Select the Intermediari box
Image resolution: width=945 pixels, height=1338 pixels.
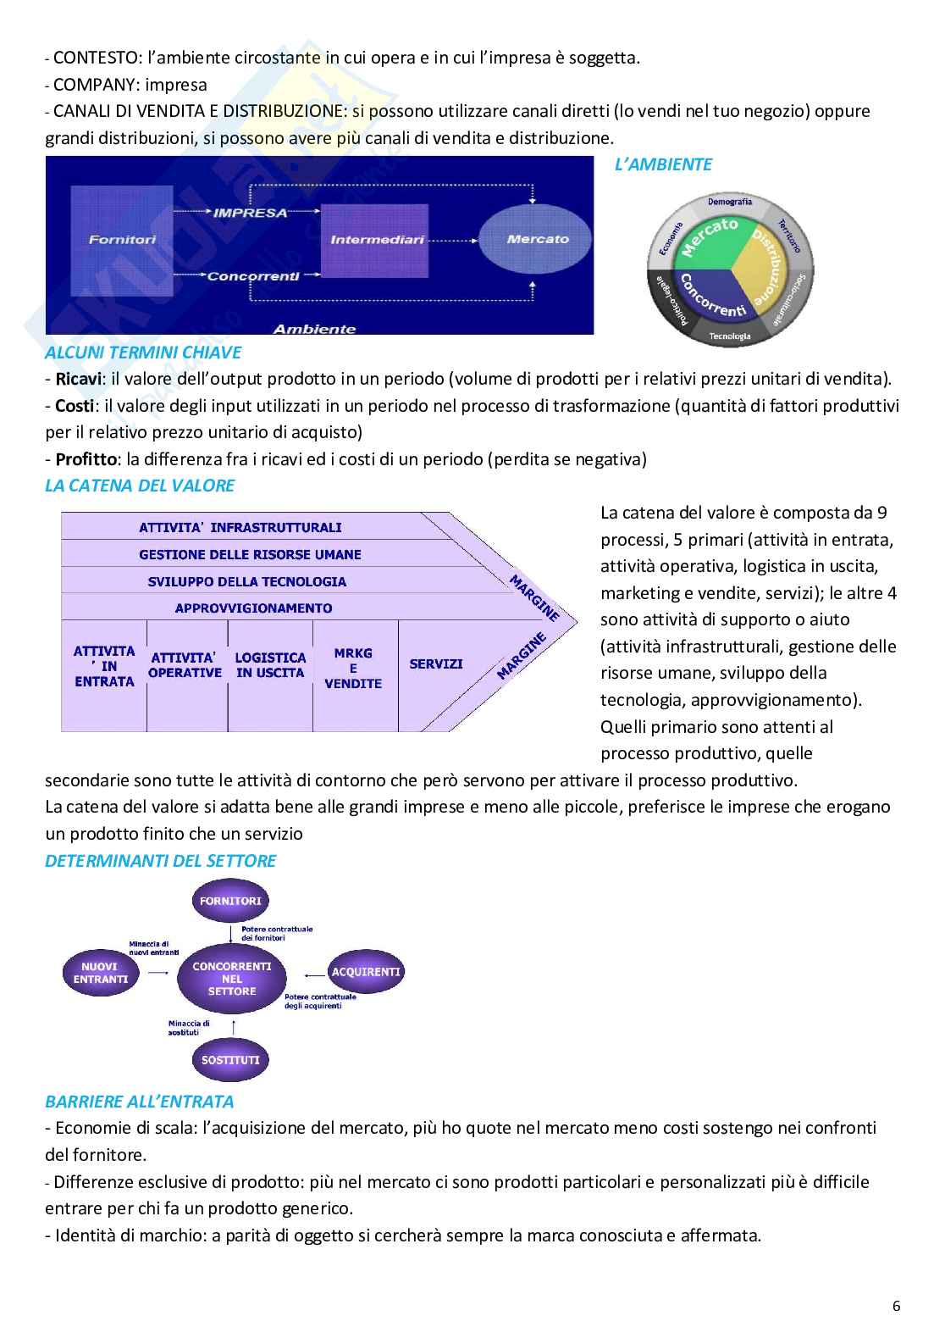(x=377, y=240)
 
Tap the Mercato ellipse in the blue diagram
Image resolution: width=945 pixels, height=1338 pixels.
(x=538, y=239)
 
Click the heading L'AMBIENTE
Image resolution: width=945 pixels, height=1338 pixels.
(x=663, y=164)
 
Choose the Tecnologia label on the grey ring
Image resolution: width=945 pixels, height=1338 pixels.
(x=730, y=336)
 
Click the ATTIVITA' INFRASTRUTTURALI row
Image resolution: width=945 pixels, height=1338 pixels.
(x=240, y=527)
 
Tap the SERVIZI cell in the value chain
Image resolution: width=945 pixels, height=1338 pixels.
(x=435, y=664)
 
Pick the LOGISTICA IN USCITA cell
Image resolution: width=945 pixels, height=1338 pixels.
(x=270, y=664)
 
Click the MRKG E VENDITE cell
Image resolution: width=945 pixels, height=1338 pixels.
(x=353, y=669)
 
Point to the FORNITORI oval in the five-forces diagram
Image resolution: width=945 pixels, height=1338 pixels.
(x=230, y=901)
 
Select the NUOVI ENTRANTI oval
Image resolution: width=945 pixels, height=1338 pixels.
(x=99, y=973)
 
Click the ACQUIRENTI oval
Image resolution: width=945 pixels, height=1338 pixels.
(x=366, y=972)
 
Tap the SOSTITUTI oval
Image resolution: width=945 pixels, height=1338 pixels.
(x=230, y=1060)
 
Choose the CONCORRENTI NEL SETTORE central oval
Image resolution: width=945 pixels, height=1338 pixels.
(x=231, y=979)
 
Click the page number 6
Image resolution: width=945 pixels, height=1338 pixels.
(x=897, y=1306)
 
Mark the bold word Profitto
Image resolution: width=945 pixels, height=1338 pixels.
(x=83, y=459)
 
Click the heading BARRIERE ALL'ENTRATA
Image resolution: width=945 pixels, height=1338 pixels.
(x=139, y=1102)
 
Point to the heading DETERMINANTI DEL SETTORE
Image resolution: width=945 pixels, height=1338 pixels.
(x=160, y=861)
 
